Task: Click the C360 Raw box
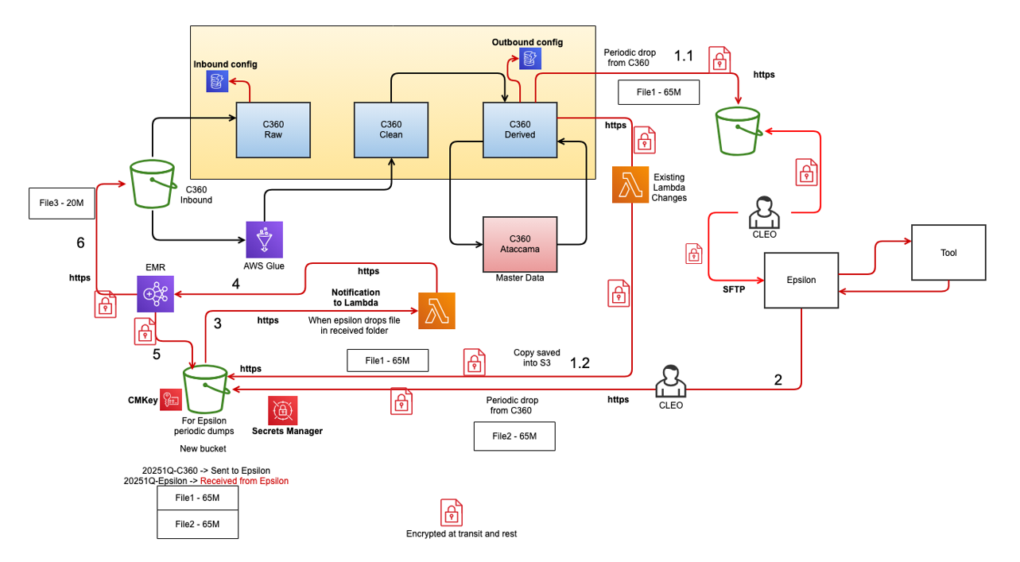(273, 130)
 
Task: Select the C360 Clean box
(391, 130)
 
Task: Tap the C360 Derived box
(519, 130)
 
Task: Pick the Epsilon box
(801, 280)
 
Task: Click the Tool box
(948, 253)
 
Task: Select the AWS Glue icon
(264, 239)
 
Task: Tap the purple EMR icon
(155, 294)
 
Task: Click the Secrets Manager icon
(282, 410)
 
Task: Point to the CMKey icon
(170, 398)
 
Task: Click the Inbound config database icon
(216, 80)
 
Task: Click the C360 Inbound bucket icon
(153, 185)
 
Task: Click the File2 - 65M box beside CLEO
(514, 436)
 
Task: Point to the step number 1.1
(684, 56)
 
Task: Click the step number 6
(80, 243)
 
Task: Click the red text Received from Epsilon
(244, 481)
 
